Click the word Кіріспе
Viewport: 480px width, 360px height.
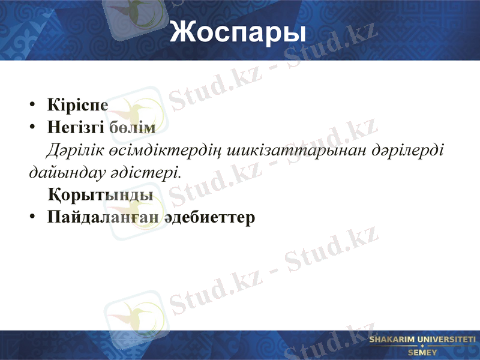tap(78, 105)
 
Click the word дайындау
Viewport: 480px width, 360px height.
tap(65, 172)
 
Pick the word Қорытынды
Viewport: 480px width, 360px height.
tap(100, 195)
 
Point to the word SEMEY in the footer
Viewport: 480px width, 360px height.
tap(422, 352)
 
